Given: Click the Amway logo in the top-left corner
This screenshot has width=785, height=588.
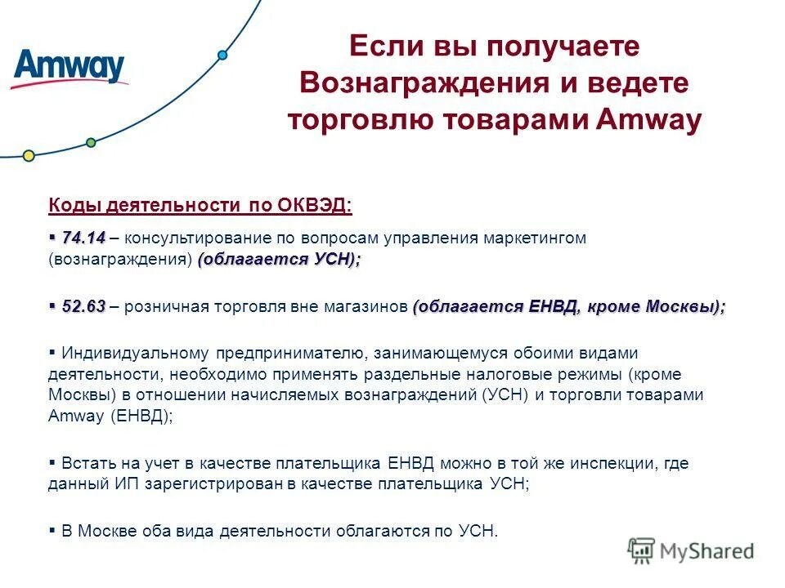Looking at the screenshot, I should point(70,68).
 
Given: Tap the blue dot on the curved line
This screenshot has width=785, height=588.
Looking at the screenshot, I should point(222,56).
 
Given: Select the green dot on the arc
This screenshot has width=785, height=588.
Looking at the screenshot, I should point(91,143).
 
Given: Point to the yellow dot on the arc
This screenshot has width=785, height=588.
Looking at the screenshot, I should point(29,155).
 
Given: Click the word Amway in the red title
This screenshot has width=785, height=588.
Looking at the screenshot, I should point(649,120).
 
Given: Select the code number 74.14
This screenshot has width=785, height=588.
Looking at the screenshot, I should point(83,238).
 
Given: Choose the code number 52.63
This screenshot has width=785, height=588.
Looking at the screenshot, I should point(83,306).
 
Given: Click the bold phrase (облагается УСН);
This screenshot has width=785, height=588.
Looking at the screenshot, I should point(279,259).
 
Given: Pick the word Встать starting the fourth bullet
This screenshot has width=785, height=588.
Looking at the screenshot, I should point(85,463).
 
